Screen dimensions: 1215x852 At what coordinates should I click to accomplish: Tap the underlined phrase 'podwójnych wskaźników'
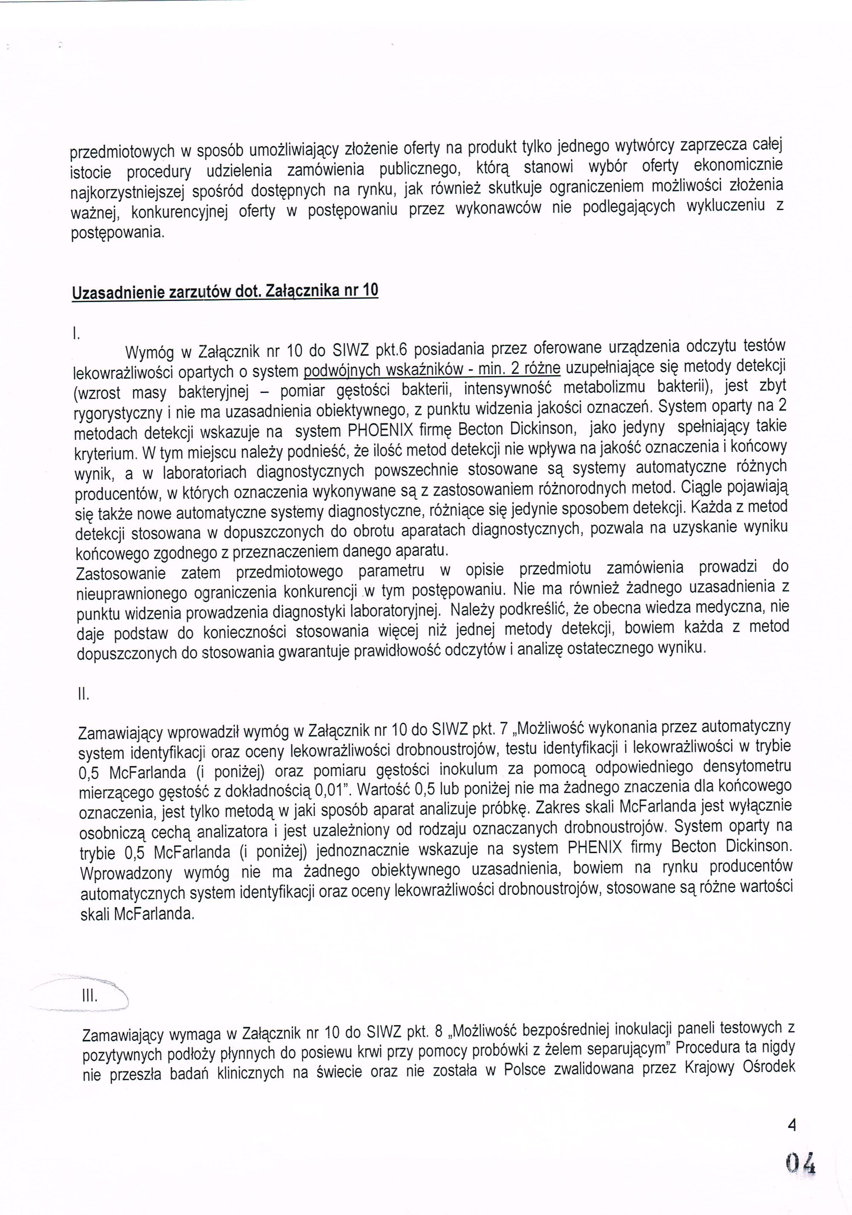pyautogui.click(x=384, y=369)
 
